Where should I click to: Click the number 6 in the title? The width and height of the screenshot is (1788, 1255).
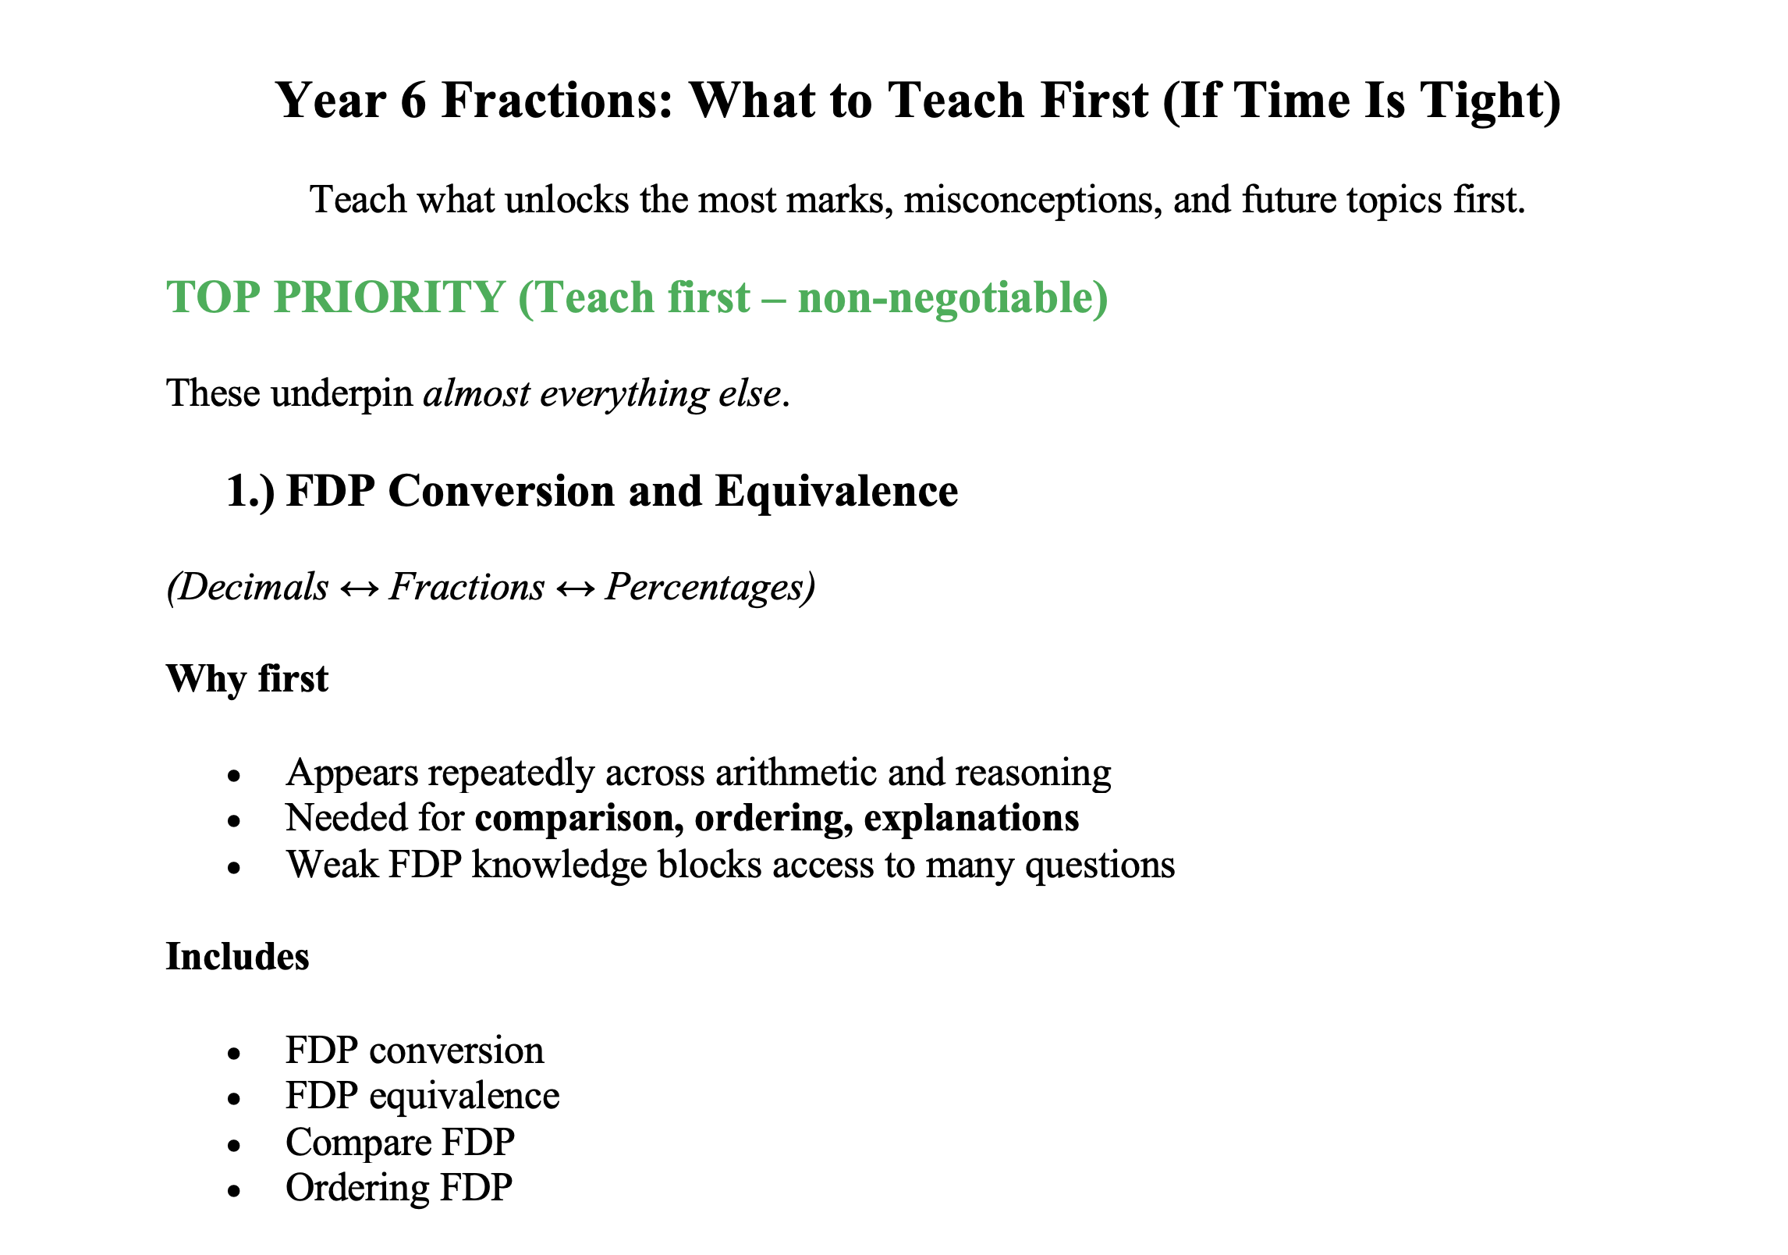pos(413,101)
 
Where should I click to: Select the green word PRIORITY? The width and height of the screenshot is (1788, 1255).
pos(389,297)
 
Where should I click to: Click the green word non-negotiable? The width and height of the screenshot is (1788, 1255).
pos(945,298)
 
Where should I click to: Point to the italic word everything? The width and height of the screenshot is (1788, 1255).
pos(623,394)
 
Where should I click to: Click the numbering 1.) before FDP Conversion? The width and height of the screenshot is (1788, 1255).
pos(250,492)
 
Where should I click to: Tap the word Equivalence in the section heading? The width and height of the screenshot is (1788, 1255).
pos(836,492)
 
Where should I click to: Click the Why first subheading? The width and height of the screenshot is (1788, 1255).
pos(247,679)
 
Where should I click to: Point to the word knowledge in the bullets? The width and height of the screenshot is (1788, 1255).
pos(559,866)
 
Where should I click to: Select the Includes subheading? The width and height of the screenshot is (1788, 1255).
pos(237,957)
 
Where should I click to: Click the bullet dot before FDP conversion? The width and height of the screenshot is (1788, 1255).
pos(234,1054)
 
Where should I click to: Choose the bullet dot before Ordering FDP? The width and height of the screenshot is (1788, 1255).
pos(234,1191)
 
